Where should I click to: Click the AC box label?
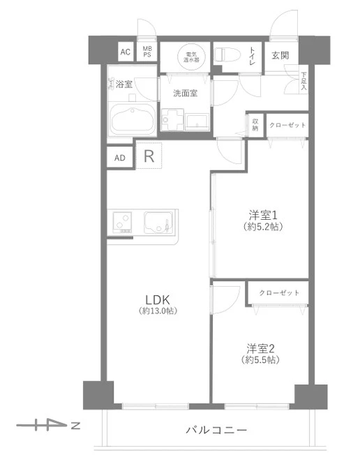126,52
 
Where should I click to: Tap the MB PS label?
147,52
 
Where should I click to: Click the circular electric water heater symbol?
191,57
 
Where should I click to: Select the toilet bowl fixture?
227,54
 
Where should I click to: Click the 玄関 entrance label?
280,55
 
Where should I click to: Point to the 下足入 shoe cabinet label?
303,81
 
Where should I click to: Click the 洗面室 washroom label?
186,93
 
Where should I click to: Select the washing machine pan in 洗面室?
172,119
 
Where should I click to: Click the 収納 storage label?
255,125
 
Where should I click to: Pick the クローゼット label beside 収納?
287,125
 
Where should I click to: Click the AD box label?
120,158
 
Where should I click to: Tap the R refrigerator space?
149,156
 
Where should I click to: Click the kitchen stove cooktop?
122,222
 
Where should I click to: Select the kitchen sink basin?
158,222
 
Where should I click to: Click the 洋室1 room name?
263,216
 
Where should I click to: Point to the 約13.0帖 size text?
158,311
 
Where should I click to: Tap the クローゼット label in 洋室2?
279,292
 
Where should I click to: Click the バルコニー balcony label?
216,430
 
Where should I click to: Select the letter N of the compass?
76,426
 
